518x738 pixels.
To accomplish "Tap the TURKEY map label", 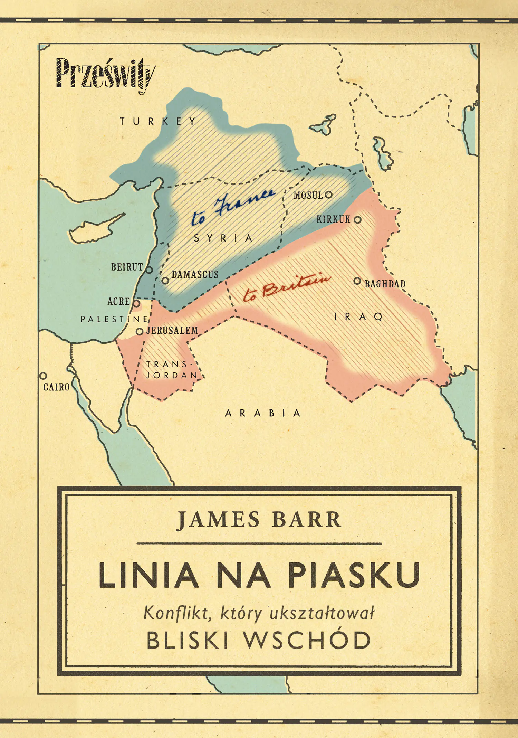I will (158, 121).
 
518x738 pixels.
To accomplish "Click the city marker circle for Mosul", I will (329, 195).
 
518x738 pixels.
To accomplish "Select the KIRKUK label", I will (333, 219).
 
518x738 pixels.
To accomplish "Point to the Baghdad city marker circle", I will (357, 281).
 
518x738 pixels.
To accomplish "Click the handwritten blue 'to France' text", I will (233, 207).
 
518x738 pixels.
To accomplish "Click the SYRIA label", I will (223, 238).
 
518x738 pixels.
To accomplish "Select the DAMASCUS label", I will (195, 274).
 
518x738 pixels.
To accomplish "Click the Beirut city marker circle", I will (149, 270).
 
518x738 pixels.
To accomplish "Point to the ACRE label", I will (118, 301).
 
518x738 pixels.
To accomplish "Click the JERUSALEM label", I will (172, 330).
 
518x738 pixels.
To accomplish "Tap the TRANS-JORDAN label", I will (171, 370).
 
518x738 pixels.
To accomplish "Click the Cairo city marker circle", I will (43, 376).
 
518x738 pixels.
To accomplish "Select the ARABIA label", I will (263, 413).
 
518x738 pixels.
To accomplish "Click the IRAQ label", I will (358, 316).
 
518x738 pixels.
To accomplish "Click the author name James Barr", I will (259, 520).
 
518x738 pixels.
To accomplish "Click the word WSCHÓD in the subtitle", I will (307, 640).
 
